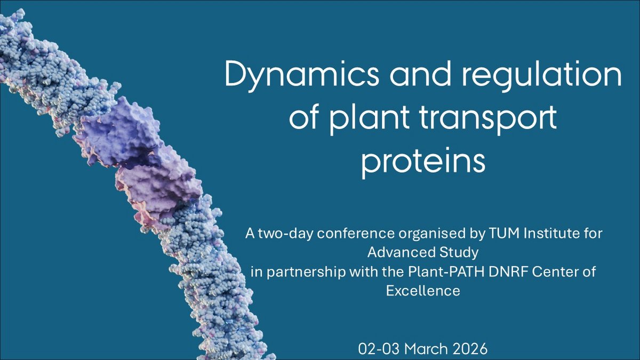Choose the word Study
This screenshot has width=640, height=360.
point(458,253)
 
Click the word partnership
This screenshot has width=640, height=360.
point(306,273)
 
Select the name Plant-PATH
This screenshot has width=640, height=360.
point(446,271)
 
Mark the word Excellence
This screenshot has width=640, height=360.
point(423,291)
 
